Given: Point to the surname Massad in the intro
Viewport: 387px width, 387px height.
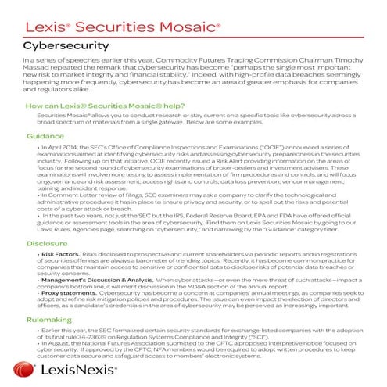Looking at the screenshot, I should tap(45, 68).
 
